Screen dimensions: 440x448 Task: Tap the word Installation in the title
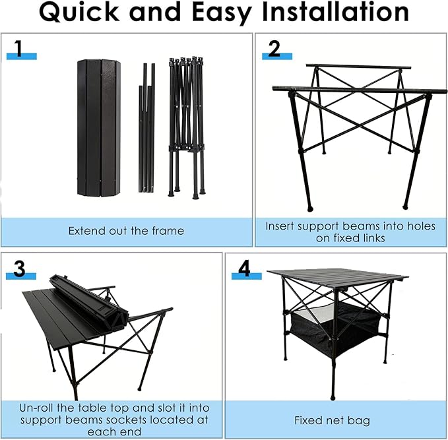point(329,13)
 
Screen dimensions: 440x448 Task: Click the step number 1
point(22,48)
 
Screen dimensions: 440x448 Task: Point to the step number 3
point(20,268)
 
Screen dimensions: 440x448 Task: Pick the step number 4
point(245,268)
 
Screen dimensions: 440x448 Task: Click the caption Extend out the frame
point(126,231)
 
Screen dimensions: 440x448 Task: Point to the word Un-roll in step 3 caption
point(39,407)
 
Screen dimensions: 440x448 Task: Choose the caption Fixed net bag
point(332,420)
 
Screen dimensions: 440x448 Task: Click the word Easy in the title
point(204,13)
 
